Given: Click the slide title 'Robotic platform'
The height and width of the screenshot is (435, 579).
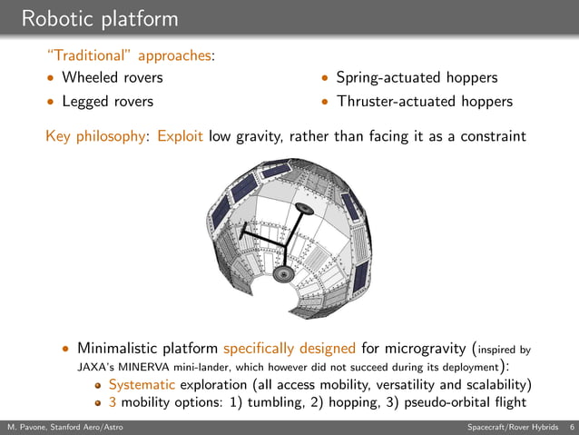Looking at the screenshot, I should (100, 18).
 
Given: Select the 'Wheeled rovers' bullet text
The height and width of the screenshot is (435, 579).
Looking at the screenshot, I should (112, 78).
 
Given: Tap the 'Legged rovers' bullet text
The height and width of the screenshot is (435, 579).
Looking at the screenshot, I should (106, 101).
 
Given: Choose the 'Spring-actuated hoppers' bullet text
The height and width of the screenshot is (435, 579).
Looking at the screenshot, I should (417, 78).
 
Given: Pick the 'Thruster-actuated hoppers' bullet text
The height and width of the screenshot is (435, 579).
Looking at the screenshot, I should (424, 101).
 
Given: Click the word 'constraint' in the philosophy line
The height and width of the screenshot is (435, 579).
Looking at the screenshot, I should (491, 137).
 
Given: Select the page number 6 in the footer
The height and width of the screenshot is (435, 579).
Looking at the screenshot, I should (571, 427).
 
